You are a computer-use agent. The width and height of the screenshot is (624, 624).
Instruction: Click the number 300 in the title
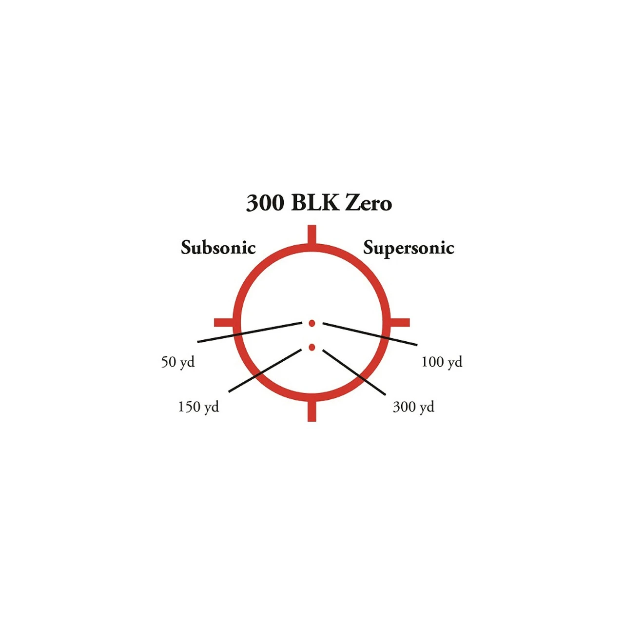click(x=265, y=203)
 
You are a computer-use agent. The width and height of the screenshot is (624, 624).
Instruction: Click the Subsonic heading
click(x=218, y=248)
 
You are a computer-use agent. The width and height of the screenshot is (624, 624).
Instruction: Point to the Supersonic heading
click(x=409, y=249)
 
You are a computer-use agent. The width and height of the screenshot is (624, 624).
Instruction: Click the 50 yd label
click(x=178, y=362)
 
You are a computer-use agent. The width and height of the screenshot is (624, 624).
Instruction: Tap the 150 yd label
click(x=198, y=407)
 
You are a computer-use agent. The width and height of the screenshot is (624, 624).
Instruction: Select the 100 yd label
click(x=442, y=362)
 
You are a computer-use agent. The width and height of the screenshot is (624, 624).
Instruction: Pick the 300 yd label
click(x=413, y=407)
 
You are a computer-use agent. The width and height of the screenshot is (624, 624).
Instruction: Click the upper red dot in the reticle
click(x=312, y=323)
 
